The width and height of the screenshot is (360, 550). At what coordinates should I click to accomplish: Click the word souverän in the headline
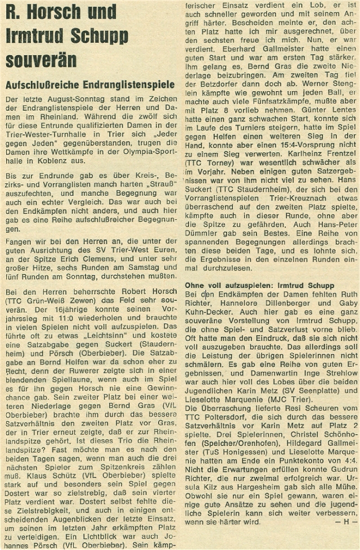coord(42,59)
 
